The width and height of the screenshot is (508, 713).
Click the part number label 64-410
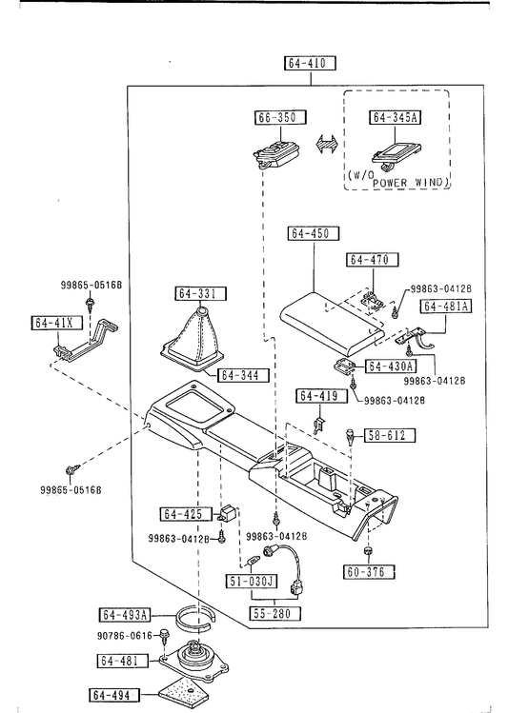point(311,63)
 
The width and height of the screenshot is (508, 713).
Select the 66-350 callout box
point(280,117)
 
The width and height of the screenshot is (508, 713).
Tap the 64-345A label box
point(396,117)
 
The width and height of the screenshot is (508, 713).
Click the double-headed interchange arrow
point(327,145)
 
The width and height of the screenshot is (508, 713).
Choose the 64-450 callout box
point(315,233)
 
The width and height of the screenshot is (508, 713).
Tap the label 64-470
point(373,260)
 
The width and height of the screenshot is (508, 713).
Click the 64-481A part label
point(446,306)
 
